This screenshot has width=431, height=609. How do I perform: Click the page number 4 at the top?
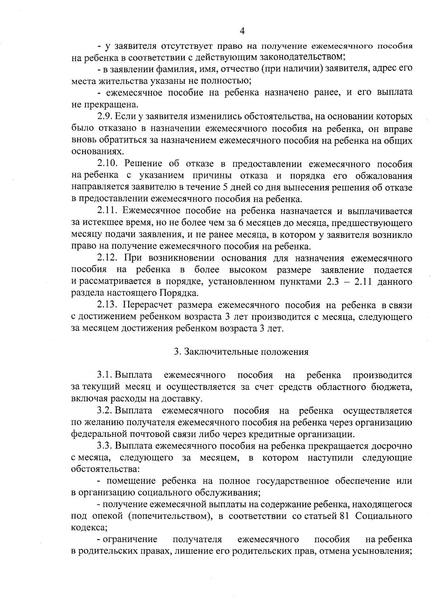tap(242, 31)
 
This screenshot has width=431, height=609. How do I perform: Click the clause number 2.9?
tap(105, 117)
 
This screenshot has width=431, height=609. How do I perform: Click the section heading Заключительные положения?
tap(246, 352)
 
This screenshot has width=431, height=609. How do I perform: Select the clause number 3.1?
tap(104, 375)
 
